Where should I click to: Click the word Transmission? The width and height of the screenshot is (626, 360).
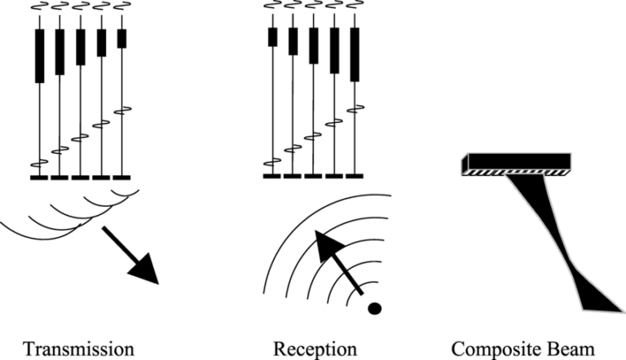point(78,349)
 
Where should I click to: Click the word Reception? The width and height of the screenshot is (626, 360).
point(316,349)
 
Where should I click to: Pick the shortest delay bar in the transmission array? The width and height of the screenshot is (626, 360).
point(122,38)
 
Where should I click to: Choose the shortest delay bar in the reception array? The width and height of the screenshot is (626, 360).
point(272,37)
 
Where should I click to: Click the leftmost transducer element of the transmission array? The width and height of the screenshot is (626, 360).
point(39,176)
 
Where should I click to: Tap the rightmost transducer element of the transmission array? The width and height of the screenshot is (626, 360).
point(122,176)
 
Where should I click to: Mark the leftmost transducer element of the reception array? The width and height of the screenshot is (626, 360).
point(272,175)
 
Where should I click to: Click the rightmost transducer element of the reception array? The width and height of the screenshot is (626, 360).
point(355,175)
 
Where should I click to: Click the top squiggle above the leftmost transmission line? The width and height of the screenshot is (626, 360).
point(39,9)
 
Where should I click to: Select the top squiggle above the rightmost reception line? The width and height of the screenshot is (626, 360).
point(355,9)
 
